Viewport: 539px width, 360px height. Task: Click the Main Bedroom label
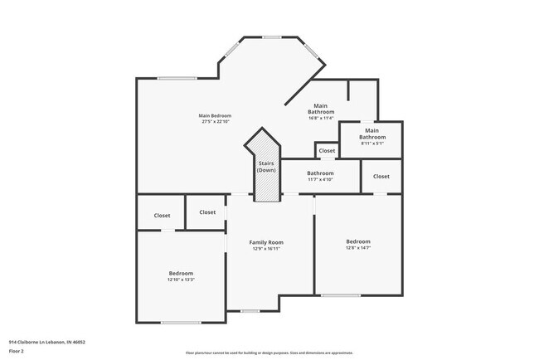tap(215, 115)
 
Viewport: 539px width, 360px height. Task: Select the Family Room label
tap(266, 242)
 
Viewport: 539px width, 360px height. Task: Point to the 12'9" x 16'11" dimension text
tap(266, 249)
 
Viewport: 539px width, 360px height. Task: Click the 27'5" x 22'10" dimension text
tap(215, 122)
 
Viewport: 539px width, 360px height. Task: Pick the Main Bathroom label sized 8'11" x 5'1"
tap(371, 134)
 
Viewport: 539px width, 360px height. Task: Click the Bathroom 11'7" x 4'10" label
tap(321, 173)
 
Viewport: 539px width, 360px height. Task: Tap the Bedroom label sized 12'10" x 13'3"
tap(181, 273)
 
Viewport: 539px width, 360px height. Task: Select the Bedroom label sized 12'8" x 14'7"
tap(358, 241)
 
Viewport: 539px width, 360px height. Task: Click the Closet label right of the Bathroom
tap(381, 177)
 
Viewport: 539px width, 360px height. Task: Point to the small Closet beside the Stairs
tap(327, 151)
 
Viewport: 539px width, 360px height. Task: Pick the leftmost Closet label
tap(162, 216)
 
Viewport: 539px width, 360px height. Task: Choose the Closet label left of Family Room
tap(206, 212)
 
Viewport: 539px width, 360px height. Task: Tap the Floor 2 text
tap(17, 351)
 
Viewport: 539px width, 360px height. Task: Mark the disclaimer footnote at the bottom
tap(269, 353)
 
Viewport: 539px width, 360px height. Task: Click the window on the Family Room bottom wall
tap(250, 310)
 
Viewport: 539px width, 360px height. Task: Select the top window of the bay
tap(271, 36)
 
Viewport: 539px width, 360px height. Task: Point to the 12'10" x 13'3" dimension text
tap(181, 280)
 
